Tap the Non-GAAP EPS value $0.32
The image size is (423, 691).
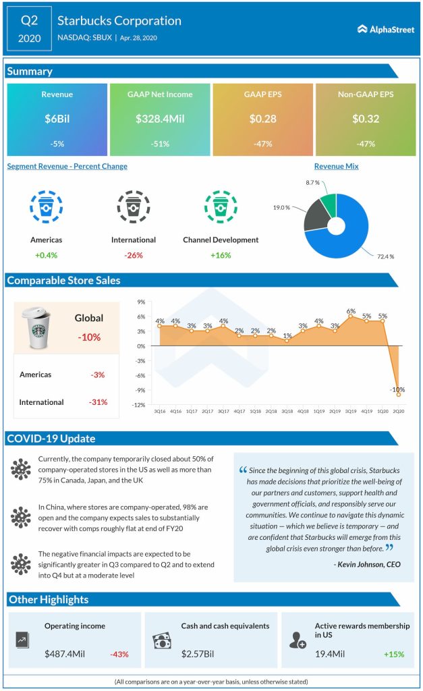[x=366, y=119]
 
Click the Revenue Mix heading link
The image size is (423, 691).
[x=336, y=166]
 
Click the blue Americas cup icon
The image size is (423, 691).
[x=47, y=209]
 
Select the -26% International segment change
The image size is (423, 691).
[x=133, y=255]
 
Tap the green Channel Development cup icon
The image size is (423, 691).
[x=220, y=209]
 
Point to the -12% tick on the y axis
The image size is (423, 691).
[x=140, y=404]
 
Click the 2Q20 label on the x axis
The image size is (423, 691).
[x=399, y=411]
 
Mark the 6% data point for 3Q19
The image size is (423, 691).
[x=351, y=316]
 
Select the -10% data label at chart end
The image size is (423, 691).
[x=398, y=389]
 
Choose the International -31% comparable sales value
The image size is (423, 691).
[x=98, y=402]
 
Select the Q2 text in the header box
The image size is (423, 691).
[x=29, y=20]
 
